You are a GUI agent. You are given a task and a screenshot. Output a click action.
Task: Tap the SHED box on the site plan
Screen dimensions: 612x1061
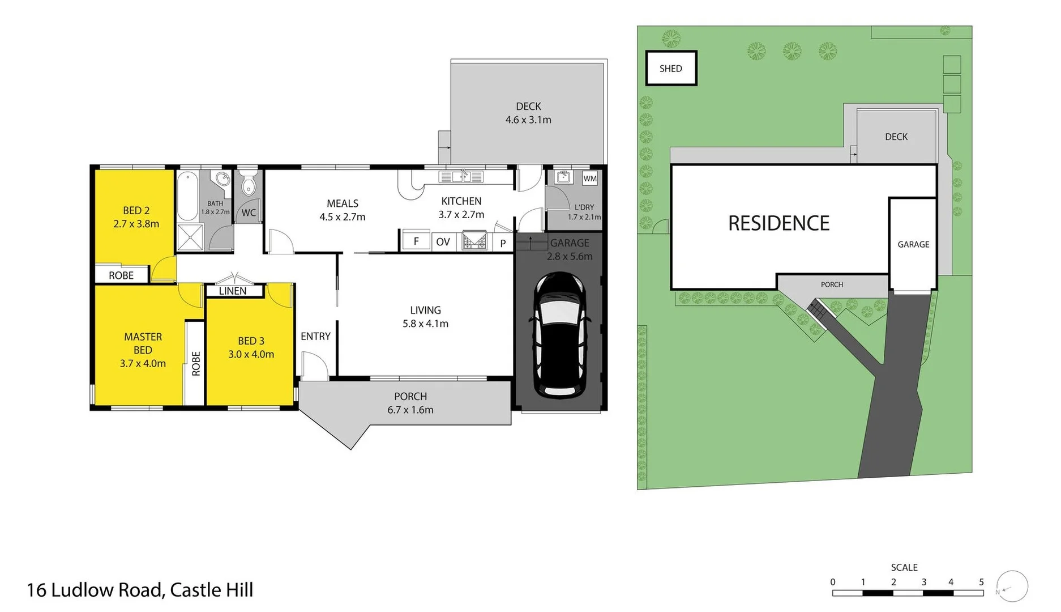671,69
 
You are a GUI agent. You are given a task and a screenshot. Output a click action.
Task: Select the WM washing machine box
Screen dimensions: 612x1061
590,178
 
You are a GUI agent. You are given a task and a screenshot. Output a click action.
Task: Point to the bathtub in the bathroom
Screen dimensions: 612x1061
187,196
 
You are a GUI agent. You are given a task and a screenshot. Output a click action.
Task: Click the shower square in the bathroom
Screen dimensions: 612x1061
190,237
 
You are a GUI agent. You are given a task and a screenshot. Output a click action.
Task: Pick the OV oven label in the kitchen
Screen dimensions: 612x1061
443,242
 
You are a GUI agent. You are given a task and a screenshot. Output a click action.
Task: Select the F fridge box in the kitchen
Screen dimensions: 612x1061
416,241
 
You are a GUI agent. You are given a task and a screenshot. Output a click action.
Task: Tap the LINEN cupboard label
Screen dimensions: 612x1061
233,291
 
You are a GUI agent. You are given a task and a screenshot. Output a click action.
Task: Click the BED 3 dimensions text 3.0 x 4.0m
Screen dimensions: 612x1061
251,354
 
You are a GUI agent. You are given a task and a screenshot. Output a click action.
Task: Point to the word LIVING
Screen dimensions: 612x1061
425,310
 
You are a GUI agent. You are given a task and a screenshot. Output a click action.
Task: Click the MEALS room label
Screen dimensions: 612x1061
343,203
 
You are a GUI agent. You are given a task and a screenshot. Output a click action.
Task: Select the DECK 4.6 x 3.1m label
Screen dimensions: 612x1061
528,113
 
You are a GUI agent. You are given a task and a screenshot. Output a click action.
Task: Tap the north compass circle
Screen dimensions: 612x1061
1012,586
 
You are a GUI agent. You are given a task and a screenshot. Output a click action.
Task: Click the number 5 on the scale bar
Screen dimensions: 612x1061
981,582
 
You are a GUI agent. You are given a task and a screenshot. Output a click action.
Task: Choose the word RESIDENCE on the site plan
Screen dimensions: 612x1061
778,223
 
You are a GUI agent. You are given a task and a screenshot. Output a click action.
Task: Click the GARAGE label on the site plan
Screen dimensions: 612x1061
913,244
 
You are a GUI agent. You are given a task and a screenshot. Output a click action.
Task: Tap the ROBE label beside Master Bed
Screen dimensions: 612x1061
196,363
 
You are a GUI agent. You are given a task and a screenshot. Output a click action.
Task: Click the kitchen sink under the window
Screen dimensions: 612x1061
461,177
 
